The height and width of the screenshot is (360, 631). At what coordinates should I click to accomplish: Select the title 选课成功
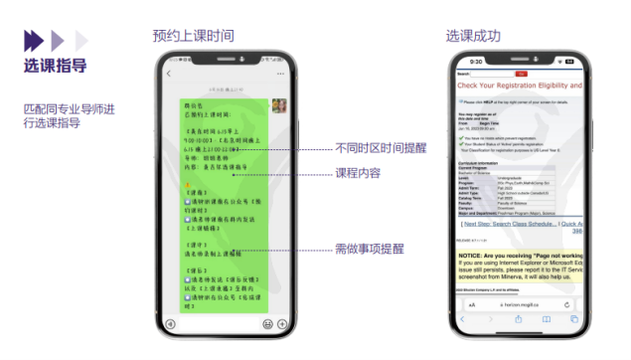pos(474,36)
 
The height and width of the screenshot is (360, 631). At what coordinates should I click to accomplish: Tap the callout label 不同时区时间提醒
pos(379,148)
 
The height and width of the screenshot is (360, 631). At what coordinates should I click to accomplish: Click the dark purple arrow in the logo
pos(33,40)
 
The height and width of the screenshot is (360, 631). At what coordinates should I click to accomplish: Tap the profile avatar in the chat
pos(278,105)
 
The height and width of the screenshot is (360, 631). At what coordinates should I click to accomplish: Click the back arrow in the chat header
pos(170,75)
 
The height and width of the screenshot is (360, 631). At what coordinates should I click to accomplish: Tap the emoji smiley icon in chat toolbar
pos(267,324)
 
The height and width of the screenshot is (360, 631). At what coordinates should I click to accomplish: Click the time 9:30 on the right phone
pos(476,62)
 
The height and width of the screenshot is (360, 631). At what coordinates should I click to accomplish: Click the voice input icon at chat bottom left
pos(170,324)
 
